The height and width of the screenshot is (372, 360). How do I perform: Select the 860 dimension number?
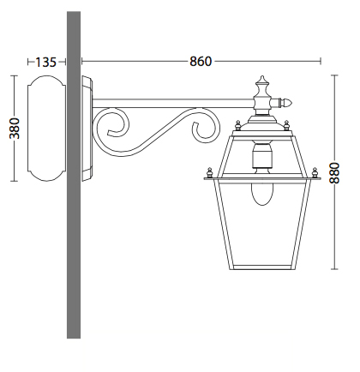point(200,62)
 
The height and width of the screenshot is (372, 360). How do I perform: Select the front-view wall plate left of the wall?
point(43,129)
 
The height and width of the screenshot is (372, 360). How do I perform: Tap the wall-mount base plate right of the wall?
point(87,129)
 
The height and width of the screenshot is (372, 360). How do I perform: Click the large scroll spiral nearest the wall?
point(115,129)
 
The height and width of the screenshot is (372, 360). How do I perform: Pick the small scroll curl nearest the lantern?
point(202,129)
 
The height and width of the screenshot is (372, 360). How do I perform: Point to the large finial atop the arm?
point(263,89)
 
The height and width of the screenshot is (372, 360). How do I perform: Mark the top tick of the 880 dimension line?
point(334,75)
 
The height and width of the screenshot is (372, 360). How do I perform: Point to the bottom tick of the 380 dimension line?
point(15,182)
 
